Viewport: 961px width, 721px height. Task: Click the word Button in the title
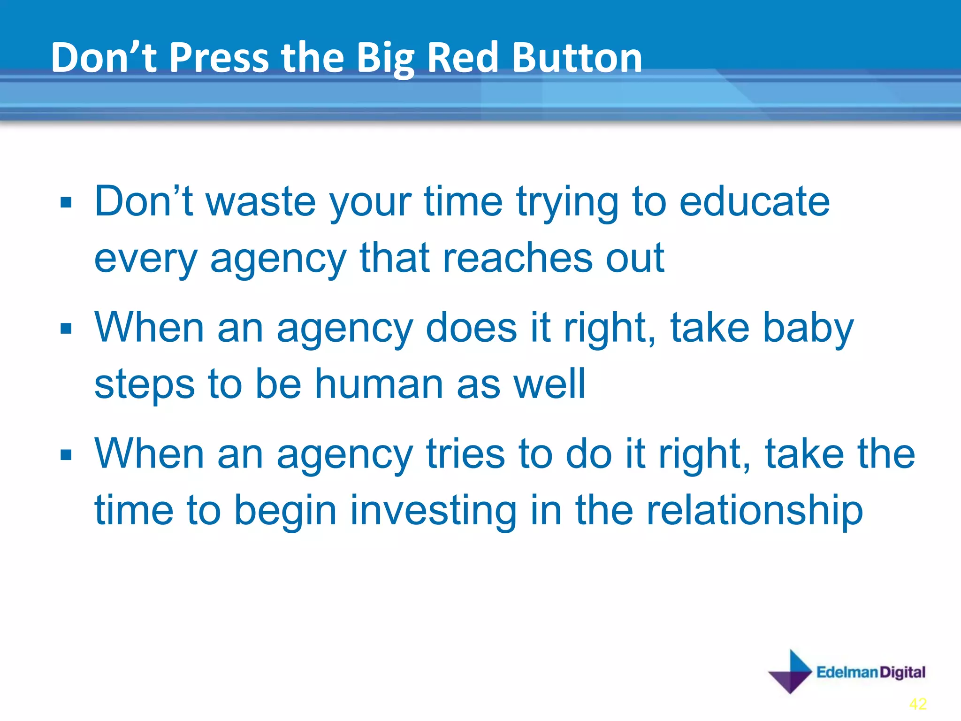pos(577,57)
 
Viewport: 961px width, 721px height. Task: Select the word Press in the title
pos(219,57)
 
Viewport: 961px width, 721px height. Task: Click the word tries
pos(465,454)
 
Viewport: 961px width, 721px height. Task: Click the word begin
pos(285,512)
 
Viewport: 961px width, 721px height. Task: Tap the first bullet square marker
pos(66,203)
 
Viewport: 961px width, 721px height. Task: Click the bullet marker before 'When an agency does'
pos(66,329)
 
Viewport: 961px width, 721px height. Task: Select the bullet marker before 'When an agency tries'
pos(66,455)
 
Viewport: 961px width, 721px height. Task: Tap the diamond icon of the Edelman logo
pos(790,672)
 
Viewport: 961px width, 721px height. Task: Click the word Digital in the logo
pos(902,672)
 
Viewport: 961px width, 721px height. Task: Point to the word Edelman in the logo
pos(847,672)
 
